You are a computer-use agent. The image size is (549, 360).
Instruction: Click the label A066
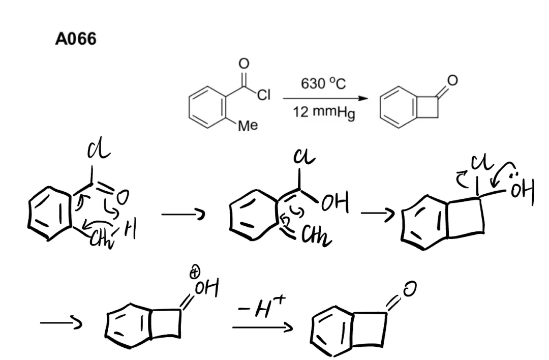point(75,39)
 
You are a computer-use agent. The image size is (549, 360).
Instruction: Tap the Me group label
point(248,125)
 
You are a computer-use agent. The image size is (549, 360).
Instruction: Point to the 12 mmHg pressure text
point(324,112)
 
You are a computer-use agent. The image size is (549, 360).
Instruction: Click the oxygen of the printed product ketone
point(452,80)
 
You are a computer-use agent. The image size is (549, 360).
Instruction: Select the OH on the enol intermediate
point(335,205)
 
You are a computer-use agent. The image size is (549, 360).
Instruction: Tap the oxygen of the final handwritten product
point(410,290)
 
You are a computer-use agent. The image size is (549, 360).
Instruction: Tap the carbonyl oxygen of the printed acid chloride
point(244,63)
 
